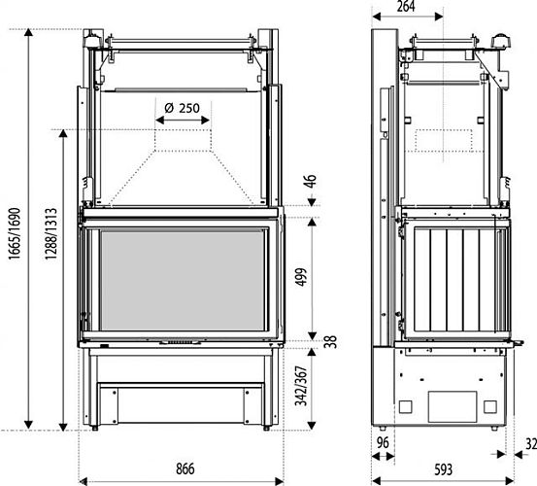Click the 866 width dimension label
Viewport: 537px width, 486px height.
[185, 469]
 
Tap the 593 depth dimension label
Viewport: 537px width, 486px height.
[443, 469]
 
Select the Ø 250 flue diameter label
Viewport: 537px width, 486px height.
[182, 108]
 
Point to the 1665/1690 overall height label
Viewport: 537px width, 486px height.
[15, 233]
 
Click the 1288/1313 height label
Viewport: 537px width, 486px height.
[50, 233]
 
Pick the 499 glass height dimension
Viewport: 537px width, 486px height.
[301, 277]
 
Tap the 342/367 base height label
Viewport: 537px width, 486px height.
[301, 386]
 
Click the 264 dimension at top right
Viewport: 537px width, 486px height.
[406, 6]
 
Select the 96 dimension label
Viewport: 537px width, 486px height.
[383, 443]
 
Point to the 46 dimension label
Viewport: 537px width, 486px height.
[310, 181]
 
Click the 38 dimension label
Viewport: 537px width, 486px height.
[331, 342]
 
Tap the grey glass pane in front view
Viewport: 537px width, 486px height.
[183, 280]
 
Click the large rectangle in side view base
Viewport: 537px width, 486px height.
[453, 407]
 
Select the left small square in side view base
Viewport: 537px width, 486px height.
[406, 407]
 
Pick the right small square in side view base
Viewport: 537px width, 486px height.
[490, 407]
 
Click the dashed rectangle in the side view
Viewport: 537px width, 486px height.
[444, 141]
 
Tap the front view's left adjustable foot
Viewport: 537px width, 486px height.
[94, 428]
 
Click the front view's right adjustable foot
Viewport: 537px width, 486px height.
[266, 428]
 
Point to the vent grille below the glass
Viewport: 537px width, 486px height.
[181, 342]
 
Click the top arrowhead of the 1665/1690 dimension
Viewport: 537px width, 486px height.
[28, 32]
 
